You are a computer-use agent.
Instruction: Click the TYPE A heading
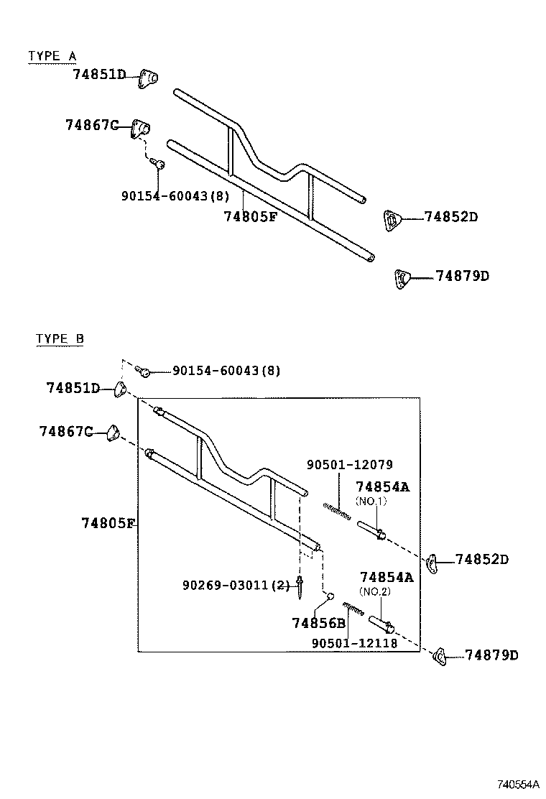[52, 56]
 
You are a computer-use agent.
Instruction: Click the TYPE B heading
[60, 339]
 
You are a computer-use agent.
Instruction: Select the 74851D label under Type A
[99, 74]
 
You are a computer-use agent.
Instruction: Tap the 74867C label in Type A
[91, 125]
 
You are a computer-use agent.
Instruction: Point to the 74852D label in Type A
[450, 216]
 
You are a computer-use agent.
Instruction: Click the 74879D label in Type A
[462, 276]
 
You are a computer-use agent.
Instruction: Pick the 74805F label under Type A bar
[250, 216]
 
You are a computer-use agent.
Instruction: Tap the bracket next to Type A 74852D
[391, 219]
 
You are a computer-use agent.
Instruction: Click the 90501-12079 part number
[350, 465]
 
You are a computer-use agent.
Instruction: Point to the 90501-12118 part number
[354, 643]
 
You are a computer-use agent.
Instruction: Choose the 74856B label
[318, 623]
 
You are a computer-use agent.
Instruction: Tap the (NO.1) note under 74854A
[371, 501]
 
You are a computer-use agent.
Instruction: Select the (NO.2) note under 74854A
[374, 591]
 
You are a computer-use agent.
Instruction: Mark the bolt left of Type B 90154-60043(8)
[143, 371]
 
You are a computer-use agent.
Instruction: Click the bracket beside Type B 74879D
[440, 656]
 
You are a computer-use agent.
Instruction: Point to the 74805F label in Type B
[108, 522]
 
